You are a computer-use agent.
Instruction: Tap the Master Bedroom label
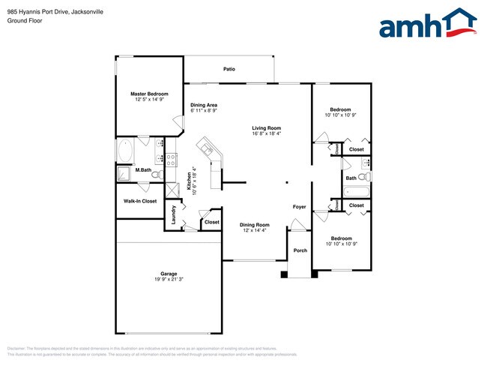[148, 94]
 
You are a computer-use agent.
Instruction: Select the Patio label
[229, 69]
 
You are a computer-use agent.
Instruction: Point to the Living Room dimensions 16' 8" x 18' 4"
[266, 133]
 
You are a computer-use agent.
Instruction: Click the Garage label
[168, 274]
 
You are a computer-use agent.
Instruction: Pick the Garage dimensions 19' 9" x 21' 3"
[168, 280]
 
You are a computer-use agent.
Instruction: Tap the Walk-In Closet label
[140, 201]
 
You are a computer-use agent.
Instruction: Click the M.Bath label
[144, 170]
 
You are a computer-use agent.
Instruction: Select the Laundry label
[173, 214]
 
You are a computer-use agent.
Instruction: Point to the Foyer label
[299, 206]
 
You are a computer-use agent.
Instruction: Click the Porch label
[300, 250]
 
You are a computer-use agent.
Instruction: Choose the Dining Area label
[204, 105]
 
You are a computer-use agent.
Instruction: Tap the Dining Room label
[254, 225]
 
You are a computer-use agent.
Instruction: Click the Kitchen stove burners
[171, 159]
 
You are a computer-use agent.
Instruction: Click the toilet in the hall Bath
[363, 178]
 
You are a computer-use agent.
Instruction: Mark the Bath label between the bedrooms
[351, 178]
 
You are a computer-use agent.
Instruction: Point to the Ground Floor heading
[25, 21]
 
